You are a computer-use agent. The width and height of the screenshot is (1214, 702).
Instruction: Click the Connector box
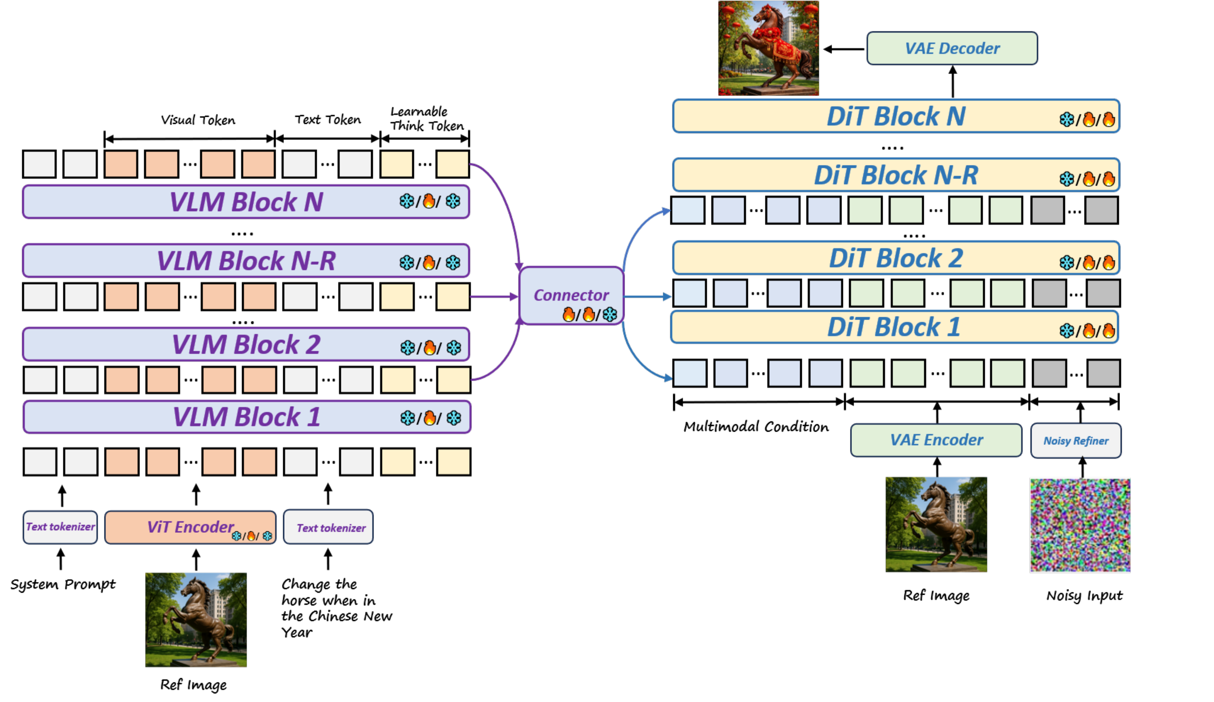(x=571, y=295)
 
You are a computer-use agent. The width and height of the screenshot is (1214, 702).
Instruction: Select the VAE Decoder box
(x=952, y=48)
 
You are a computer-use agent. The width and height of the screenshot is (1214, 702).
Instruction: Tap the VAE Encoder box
(x=936, y=440)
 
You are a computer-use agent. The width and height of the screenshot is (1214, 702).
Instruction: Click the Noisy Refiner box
(x=1075, y=441)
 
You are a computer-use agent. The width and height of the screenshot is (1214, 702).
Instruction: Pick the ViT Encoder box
(x=191, y=527)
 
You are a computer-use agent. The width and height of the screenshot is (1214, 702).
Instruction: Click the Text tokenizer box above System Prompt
(x=60, y=527)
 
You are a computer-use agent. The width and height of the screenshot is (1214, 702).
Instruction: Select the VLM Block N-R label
(x=246, y=260)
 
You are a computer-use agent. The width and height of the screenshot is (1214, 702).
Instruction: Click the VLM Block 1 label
(x=246, y=417)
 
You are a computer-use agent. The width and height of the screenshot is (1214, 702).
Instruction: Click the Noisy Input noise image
(x=1080, y=525)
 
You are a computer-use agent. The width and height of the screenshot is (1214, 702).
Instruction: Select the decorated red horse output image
(x=768, y=48)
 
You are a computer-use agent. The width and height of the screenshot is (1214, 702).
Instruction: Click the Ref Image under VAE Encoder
(x=936, y=524)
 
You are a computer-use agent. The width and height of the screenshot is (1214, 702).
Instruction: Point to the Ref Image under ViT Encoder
(x=196, y=619)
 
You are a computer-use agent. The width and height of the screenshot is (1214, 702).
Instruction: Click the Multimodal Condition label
(x=755, y=426)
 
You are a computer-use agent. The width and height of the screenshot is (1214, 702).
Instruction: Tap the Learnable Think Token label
(x=426, y=119)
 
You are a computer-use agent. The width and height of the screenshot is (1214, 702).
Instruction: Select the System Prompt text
(x=63, y=584)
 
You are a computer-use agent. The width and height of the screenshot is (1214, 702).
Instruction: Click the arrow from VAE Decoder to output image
(x=843, y=49)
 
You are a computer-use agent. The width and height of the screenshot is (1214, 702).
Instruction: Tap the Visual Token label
(x=198, y=120)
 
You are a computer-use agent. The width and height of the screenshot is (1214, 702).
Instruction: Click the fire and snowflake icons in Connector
(x=589, y=315)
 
